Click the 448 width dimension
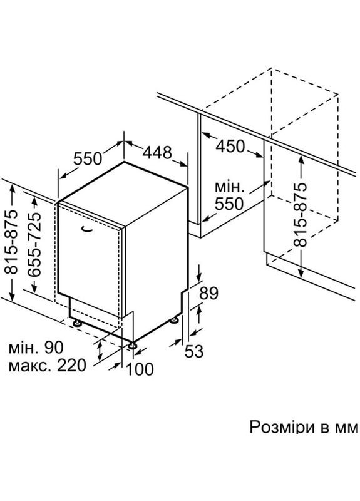pos(157,152)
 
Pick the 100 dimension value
pos(139,369)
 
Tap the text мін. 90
pos(37,347)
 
